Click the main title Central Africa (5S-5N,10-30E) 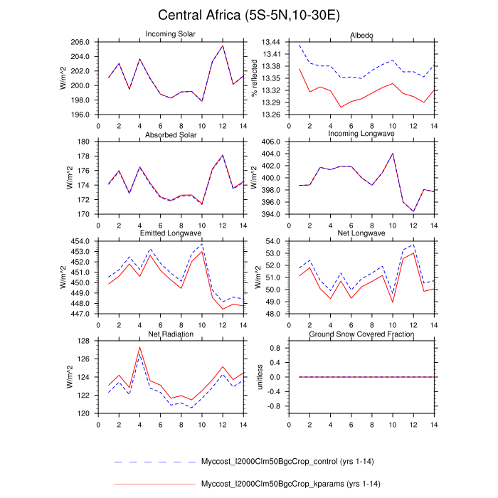pyautogui.click(x=249, y=15)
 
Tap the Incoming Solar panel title pyautogui.click(x=171, y=35)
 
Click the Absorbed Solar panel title pyautogui.click(x=171, y=134)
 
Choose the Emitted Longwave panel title pyautogui.click(x=171, y=233)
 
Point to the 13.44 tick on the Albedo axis pyautogui.click(x=272, y=42)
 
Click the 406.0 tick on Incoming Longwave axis pyautogui.click(x=272, y=142)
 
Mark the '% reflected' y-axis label pyautogui.click(x=254, y=78)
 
